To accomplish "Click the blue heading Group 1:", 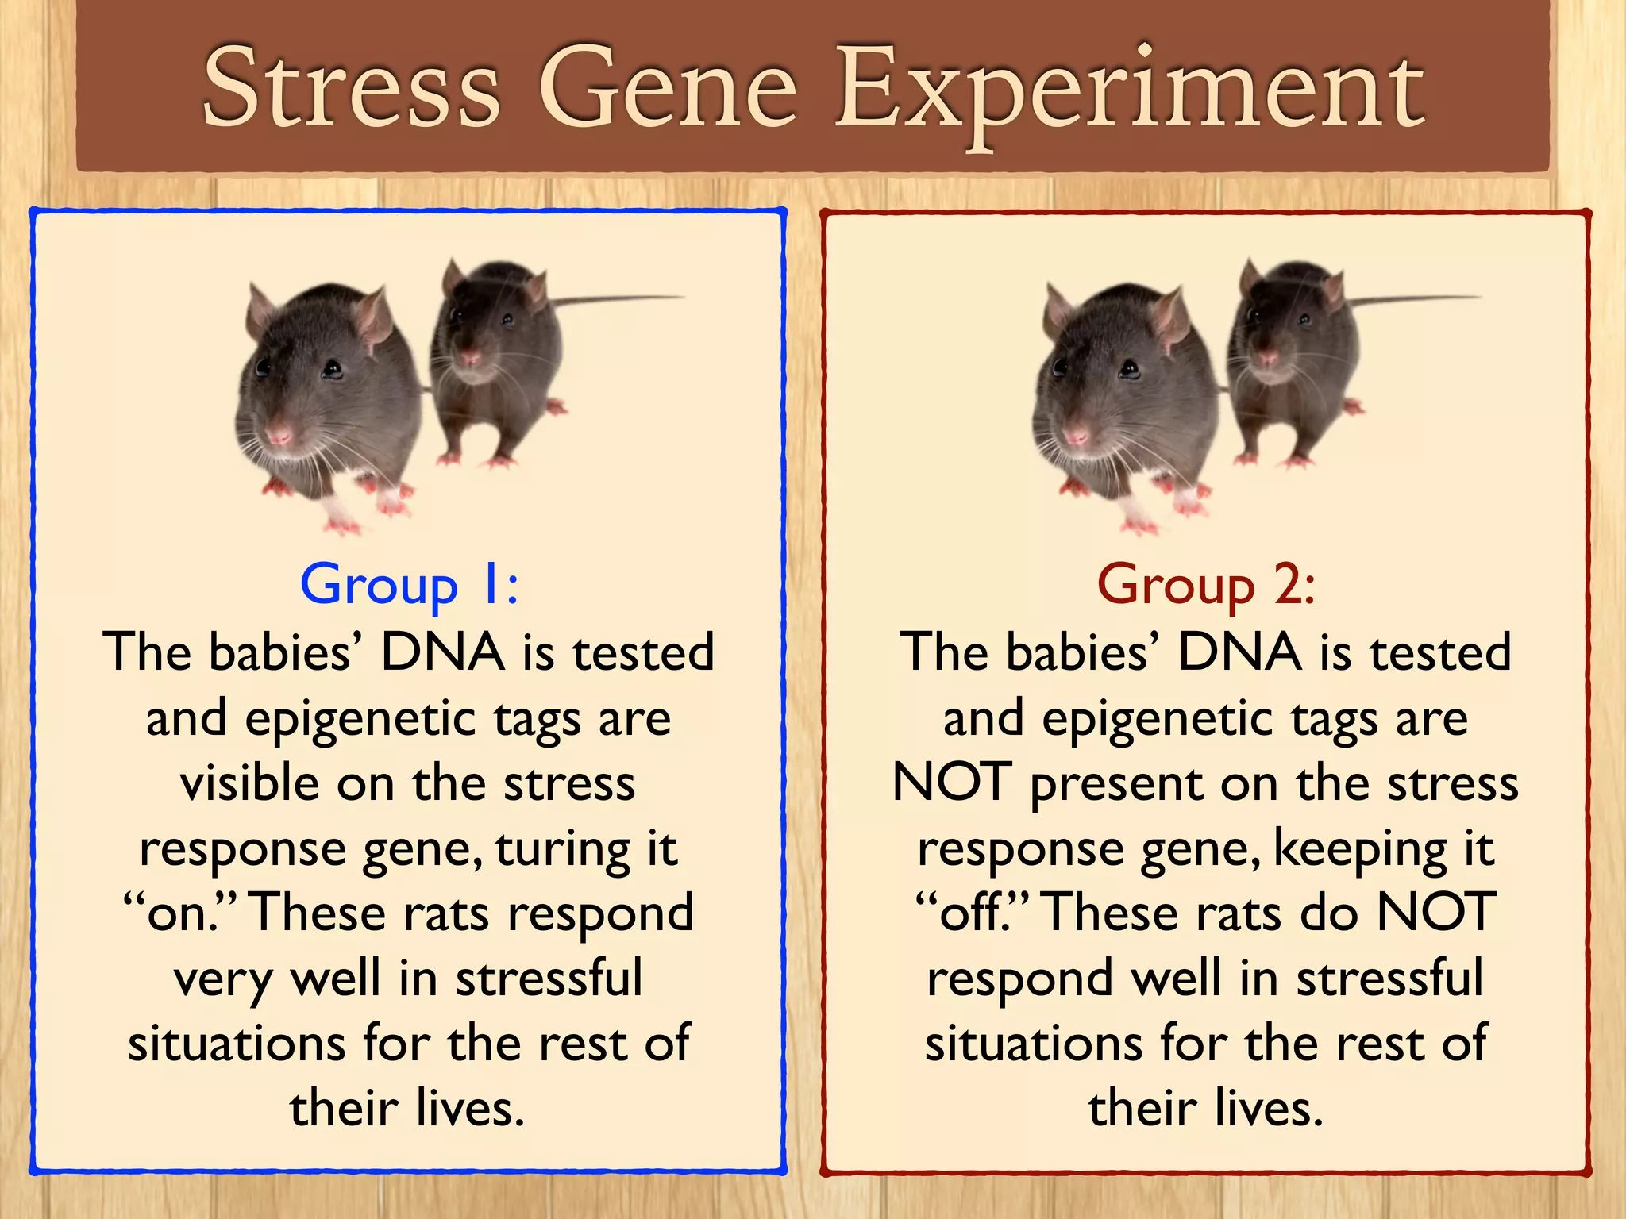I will pos(409,586).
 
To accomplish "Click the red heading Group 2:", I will pos(1206,586).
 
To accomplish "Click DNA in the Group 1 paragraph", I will pos(442,652).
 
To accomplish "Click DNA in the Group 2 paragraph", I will pos(1239,652).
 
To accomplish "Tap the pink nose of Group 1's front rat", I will pos(279,436).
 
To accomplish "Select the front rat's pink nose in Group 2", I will pos(1077,436).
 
